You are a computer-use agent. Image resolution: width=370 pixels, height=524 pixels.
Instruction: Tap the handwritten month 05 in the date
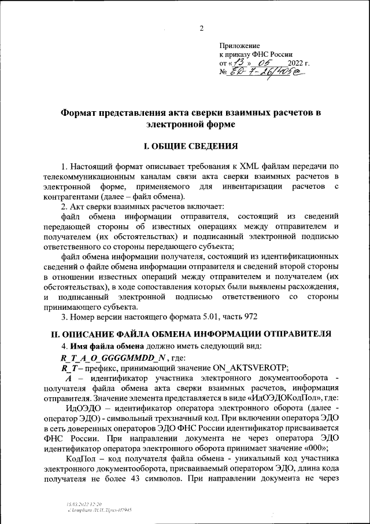[265, 62]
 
